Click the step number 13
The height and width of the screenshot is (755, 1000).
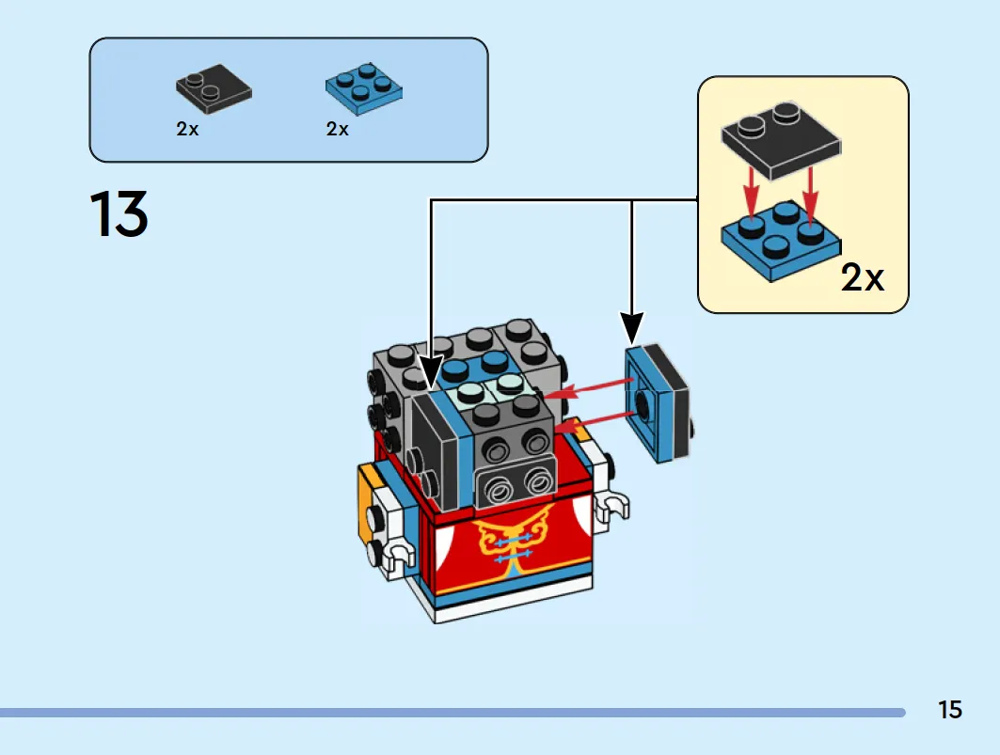[x=119, y=213]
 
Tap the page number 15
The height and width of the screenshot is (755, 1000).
[x=949, y=710]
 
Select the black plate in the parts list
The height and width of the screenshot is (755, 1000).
[x=214, y=88]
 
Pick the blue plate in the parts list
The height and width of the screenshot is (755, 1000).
[x=363, y=89]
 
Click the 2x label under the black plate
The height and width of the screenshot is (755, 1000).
[x=187, y=129]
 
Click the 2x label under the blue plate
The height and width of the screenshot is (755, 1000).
[x=338, y=129]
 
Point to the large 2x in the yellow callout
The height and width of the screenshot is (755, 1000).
[x=863, y=277]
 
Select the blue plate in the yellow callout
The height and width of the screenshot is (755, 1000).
[x=781, y=242]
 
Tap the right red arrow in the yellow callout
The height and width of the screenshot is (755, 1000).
[x=811, y=196]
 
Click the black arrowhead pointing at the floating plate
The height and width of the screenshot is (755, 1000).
[x=632, y=328]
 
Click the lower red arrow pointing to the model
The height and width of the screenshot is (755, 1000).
[x=593, y=420]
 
